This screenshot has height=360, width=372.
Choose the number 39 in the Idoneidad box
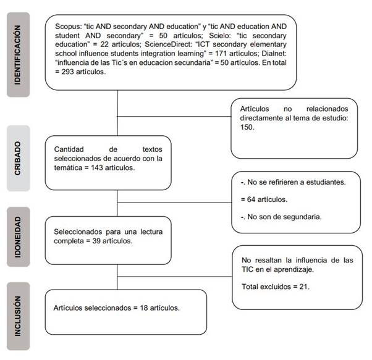(x=95, y=241)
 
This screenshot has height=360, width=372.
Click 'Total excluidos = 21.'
(x=274, y=287)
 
